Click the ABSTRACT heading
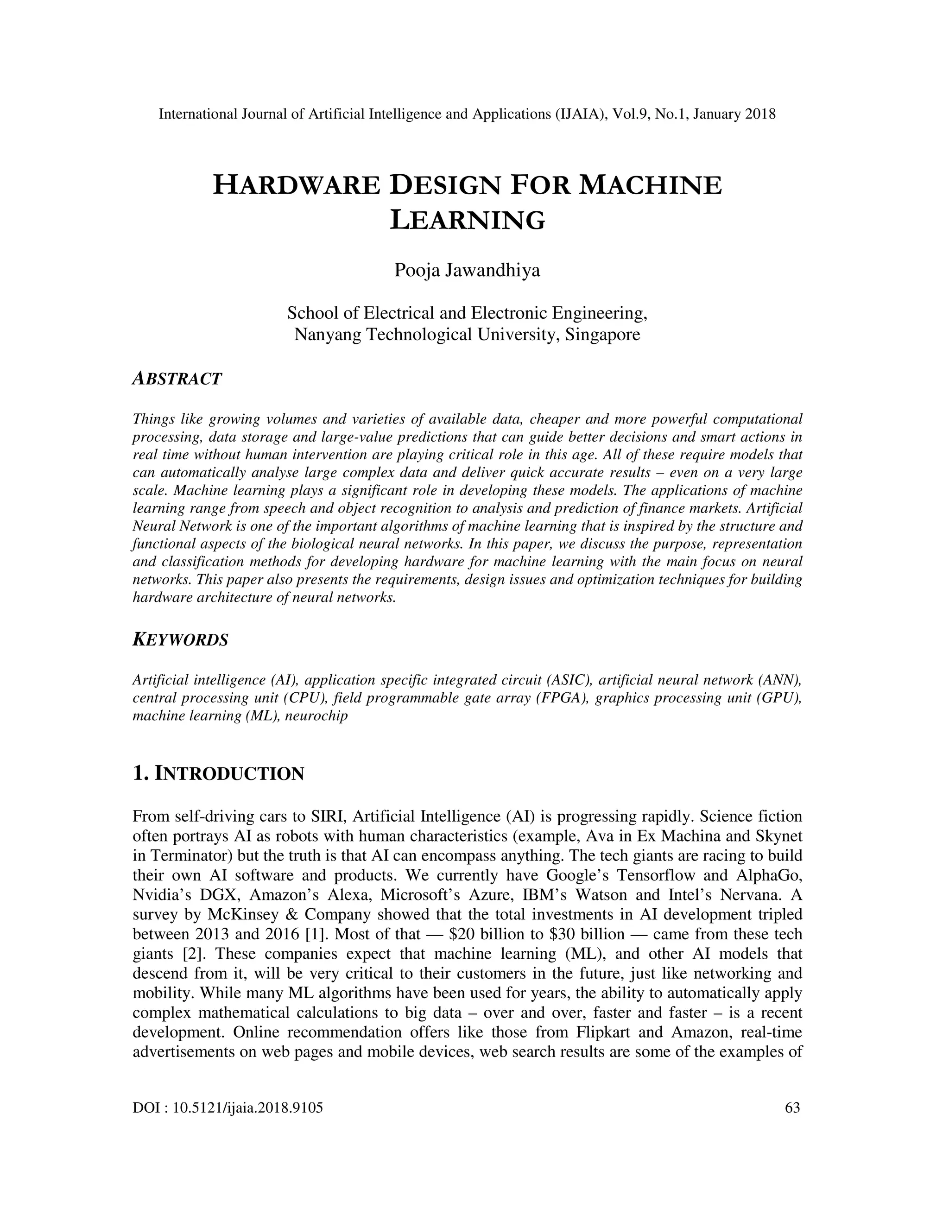[177, 379]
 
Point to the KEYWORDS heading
[180, 640]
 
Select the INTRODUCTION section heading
[218, 774]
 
